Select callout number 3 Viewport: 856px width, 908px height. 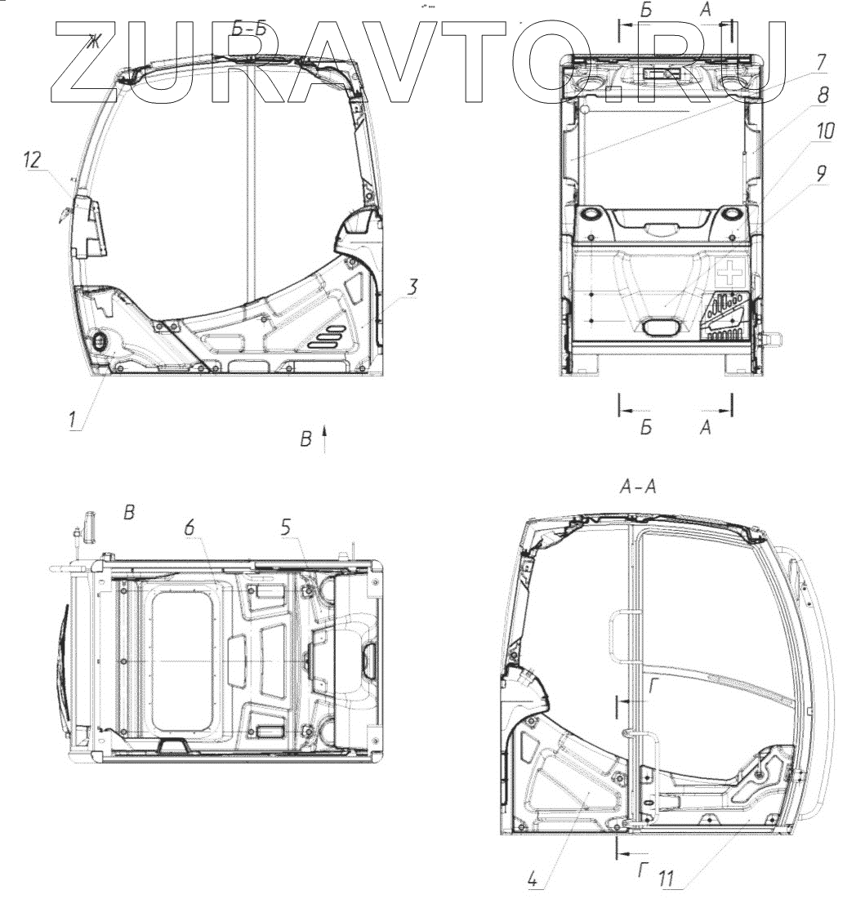(411, 286)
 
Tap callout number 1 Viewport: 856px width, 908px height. (73, 419)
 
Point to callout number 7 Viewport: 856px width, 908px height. (820, 63)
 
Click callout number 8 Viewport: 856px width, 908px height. (823, 95)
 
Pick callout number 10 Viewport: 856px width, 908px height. (825, 131)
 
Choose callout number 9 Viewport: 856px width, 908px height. (821, 172)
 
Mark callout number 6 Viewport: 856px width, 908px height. (189, 527)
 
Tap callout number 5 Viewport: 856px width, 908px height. (286, 527)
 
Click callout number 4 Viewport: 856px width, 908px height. (533, 879)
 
